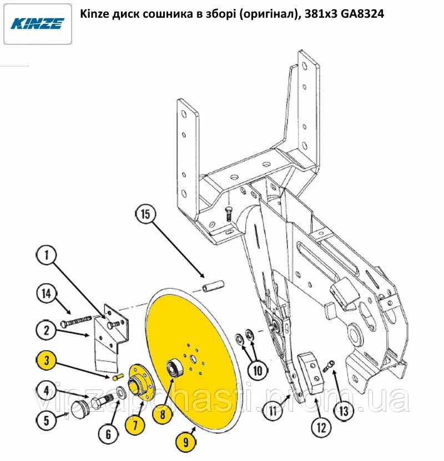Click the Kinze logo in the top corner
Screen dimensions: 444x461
(37, 24)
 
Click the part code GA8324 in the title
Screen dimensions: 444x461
(362, 13)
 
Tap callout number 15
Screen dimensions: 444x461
(145, 214)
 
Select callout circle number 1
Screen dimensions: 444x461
(47, 255)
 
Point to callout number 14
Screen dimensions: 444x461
(47, 294)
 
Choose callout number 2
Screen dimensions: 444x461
(47, 330)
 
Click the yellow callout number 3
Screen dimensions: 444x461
(47, 360)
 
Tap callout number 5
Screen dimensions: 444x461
(47, 420)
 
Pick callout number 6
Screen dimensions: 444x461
(108, 434)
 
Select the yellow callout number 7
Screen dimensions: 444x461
(135, 425)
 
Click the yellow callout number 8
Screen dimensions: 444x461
(163, 414)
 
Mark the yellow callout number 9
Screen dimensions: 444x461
(186, 442)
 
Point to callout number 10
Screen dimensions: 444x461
(258, 371)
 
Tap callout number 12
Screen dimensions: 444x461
(321, 428)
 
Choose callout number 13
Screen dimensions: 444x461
(344, 411)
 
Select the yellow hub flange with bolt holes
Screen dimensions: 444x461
(142, 382)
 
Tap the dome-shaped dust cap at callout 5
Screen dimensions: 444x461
(80, 410)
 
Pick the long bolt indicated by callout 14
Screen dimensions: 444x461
(77, 320)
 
